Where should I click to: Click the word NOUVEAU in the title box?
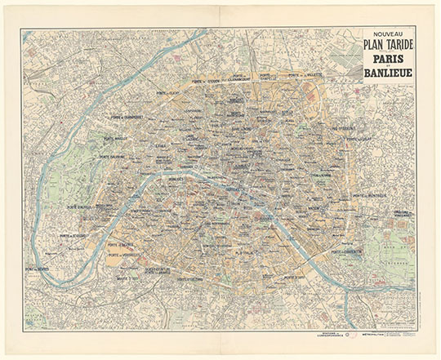[x=389, y=35]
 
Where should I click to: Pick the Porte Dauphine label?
[x=115, y=157]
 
